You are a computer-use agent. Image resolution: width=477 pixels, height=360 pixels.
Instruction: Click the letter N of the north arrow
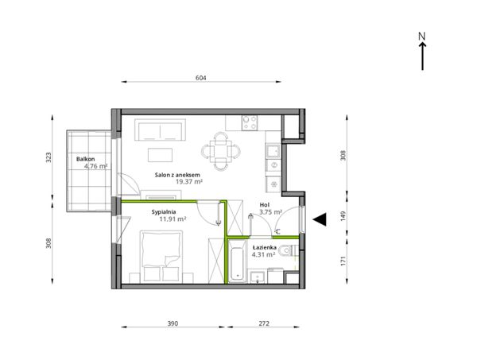click(x=421, y=37)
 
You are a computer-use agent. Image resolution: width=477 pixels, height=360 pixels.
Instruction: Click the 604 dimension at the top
click(x=201, y=78)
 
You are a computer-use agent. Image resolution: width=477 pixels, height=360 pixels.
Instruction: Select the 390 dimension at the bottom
click(x=173, y=323)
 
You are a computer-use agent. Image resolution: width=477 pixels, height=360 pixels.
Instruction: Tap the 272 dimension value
click(x=264, y=323)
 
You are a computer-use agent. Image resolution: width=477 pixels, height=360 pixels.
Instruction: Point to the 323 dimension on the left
click(x=48, y=157)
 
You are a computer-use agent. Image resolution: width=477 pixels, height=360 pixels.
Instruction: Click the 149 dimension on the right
click(x=343, y=216)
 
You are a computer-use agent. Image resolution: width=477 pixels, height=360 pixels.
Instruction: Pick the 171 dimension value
click(x=343, y=261)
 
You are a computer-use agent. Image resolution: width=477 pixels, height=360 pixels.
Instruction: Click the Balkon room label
click(x=86, y=159)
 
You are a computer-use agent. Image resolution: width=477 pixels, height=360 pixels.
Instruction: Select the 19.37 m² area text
click(x=189, y=182)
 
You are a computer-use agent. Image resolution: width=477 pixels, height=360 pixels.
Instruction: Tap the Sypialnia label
click(x=164, y=212)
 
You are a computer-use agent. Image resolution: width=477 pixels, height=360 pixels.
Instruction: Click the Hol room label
click(x=265, y=205)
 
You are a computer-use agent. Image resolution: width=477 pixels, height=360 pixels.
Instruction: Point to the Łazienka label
click(x=265, y=247)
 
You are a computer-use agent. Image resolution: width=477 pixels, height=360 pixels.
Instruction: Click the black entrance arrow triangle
click(x=320, y=219)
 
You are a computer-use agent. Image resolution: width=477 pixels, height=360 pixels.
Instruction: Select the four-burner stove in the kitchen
click(x=250, y=122)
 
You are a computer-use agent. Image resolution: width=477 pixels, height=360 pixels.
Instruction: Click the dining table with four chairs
click(x=220, y=151)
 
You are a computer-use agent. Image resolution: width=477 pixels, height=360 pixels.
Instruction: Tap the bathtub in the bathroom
click(x=237, y=261)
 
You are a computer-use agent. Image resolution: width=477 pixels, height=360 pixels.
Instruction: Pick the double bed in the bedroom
click(x=161, y=257)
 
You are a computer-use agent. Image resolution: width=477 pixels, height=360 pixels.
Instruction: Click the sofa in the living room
click(x=160, y=130)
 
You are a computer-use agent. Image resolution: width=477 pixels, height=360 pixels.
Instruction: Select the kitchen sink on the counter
click(x=273, y=151)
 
